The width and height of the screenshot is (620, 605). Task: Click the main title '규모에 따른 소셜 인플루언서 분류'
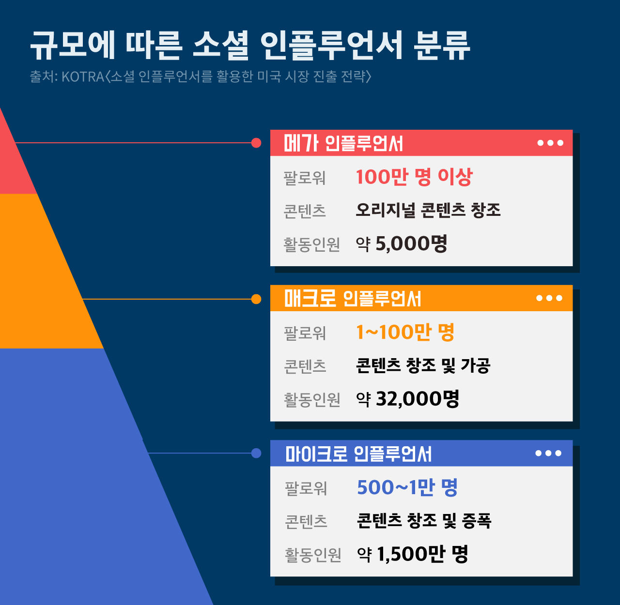(249, 45)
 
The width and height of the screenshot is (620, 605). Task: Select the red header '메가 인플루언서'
(343, 143)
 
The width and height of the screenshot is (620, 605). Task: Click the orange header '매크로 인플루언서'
(352, 299)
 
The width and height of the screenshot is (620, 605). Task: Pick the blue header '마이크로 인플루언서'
(358, 454)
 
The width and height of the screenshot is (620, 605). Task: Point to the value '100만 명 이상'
(414, 177)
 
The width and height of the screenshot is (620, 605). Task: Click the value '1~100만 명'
(405, 333)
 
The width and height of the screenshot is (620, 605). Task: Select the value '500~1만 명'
(407, 487)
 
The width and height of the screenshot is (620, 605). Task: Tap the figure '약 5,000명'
(402, 243)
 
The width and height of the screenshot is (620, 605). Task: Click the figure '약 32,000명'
(407, 399)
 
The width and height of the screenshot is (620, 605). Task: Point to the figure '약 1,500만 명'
(412, 554)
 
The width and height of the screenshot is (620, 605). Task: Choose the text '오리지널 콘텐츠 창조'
(428, 210)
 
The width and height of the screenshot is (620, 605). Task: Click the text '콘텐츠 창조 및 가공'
(423, 365)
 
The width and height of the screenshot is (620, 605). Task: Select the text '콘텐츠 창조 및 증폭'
(424, 521)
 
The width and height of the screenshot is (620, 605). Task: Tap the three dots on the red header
(550, 143)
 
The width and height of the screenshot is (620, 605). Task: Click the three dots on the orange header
(549, 299)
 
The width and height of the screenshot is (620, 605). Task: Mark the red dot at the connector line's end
(256, 143)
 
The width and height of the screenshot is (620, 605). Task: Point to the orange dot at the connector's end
(256, 299)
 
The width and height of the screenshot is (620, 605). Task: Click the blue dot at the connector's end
(256, 453)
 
